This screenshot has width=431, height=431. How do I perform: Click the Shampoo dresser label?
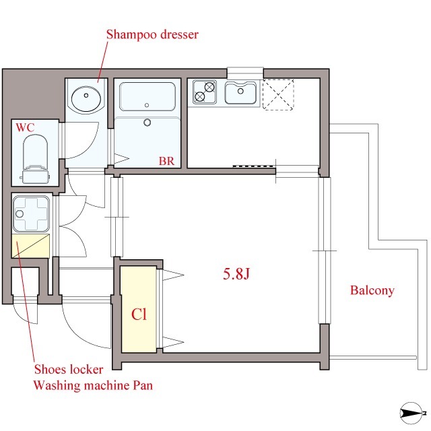coord(152,34)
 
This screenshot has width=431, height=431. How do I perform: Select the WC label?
coord(25,127)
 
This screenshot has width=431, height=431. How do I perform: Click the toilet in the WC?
coord(35,159)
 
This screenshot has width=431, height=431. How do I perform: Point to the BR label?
coord(166,161)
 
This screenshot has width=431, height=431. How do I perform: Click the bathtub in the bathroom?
coord(147,96)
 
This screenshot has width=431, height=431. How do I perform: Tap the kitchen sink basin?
coord(240,92)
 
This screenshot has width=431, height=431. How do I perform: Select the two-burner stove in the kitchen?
coord(204,92)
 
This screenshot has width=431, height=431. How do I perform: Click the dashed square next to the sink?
coord(278,94)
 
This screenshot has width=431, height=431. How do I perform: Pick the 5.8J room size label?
coord(236,273)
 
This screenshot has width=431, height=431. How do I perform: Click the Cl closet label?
coord(139,314)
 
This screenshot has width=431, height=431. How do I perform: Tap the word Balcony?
coord(372,290)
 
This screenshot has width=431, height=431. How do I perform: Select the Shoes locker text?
coord(69,369)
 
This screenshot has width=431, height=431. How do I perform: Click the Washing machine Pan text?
coord(93,385)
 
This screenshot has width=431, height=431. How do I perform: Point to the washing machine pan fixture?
coord(31,213)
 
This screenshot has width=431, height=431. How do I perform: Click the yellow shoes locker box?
coord(30,246)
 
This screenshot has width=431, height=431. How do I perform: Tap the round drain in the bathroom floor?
coord(147,123)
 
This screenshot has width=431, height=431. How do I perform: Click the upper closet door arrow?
coord(174,275)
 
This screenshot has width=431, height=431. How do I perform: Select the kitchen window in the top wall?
coord(245,73)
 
